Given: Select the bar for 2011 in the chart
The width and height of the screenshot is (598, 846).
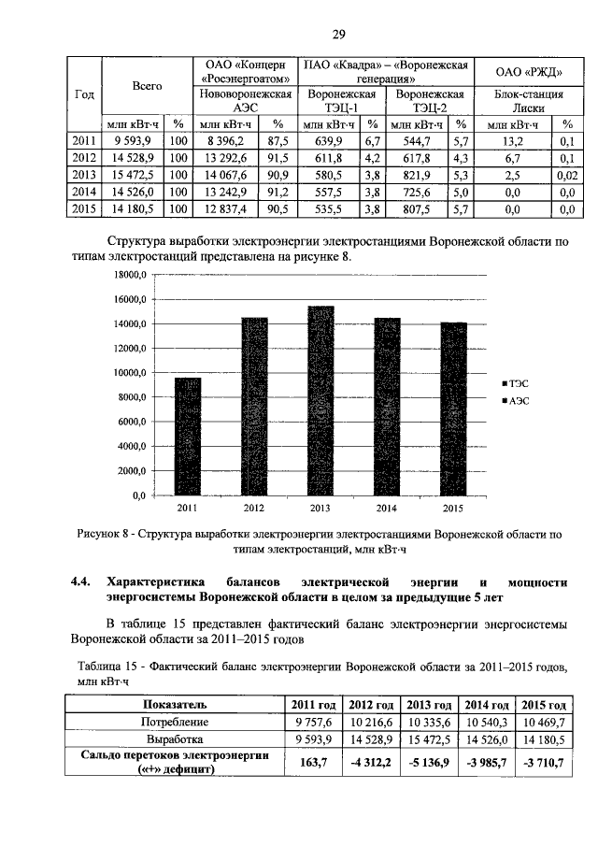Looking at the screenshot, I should [x=188, y=436].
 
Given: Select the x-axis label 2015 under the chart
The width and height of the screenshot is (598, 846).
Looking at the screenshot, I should [x=453, y=509].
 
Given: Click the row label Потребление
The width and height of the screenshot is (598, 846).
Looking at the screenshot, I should [x=173, y=722].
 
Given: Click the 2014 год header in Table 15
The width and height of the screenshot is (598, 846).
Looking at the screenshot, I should [x=487, y=705].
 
